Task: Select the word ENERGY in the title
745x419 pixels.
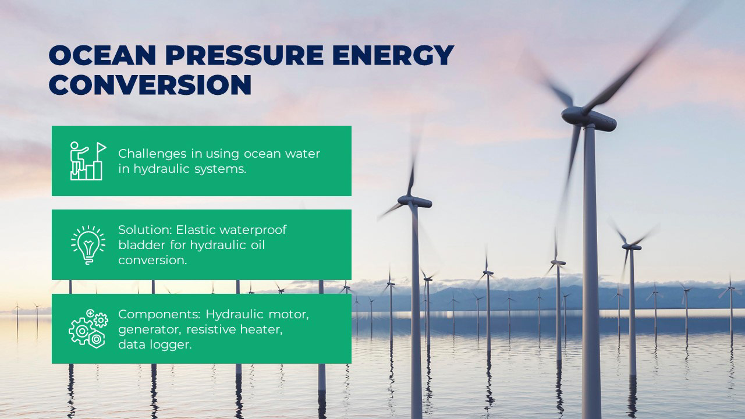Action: (393, 55)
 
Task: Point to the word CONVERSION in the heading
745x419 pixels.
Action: (150, 85)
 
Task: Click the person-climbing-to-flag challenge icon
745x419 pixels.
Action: (88, 161)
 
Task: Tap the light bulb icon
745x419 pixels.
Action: (88, 245)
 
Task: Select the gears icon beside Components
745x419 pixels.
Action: (88, 329)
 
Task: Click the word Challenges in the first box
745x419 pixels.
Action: (152, 154)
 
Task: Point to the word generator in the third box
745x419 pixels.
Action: (150, 330)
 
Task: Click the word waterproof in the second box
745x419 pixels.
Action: (253, 230)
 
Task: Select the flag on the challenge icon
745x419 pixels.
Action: (101, 147)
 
